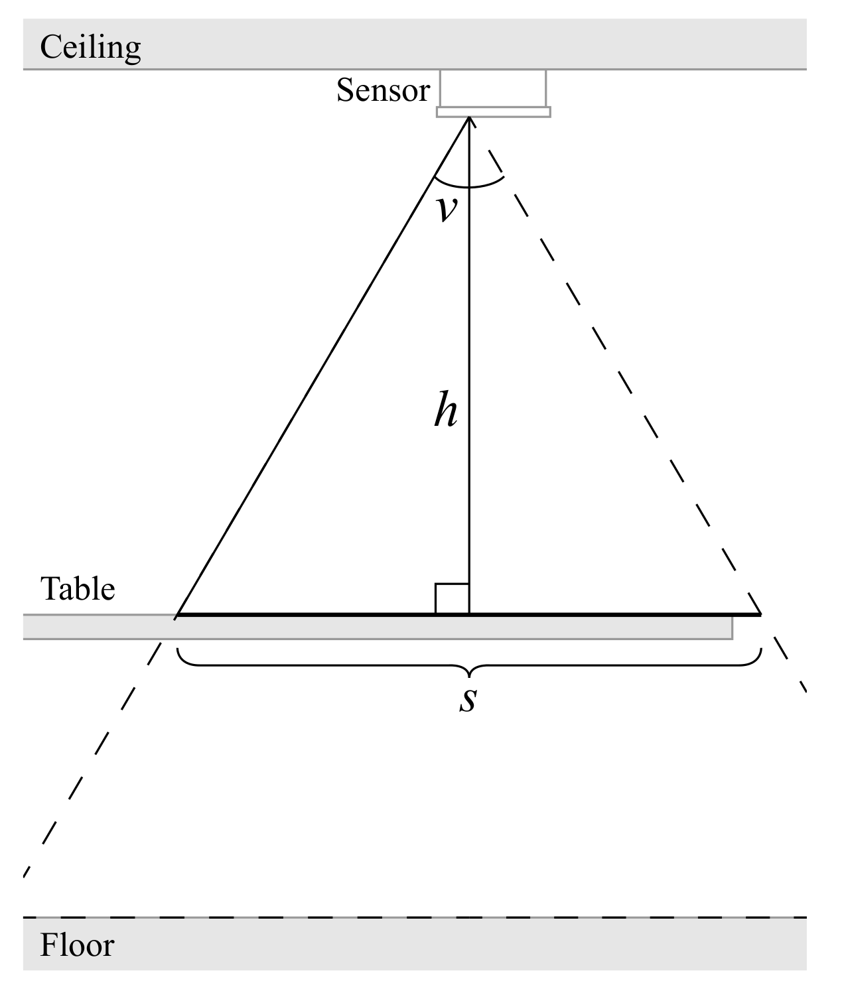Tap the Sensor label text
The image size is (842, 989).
pyautogui.click(x=383, y=90)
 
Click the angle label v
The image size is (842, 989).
pyautogui.click(x=447, y=208)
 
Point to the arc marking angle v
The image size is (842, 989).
pyautogui.click(x=468, y=187)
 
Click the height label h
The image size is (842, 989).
pyautogui.click(x=446, y=411)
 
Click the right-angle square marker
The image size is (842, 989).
pyautogui.click(x=452, y=599)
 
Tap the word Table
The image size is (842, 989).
pyautogui.click(x=78, y=589)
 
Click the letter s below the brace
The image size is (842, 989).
pyautogui.click(x=468, y=700)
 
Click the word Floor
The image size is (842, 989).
pyautogui.click(x=77, y=945)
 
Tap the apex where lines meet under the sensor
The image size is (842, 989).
pyautogui.click(x=469, y=118)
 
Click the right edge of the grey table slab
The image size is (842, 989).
pyautogui.click(x=732, y=627)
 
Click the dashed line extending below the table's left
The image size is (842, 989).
pyautogui.click(x=93, y=756)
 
